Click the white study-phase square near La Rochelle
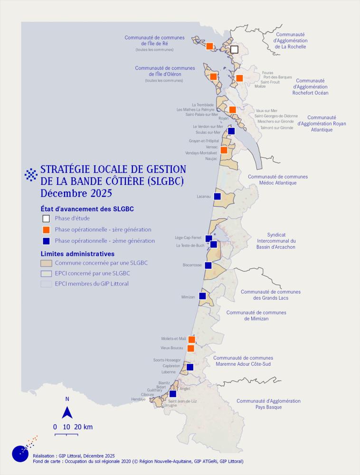coord(234,49)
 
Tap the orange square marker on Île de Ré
coord(209,46)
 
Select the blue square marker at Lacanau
coord(217,196)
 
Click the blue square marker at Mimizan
coord(202,295)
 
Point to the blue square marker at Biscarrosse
coord(208,265)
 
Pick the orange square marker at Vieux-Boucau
coord(190,348)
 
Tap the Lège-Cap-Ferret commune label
coord(188,237)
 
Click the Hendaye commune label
coord(139,399)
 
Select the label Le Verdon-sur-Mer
coord(208,127)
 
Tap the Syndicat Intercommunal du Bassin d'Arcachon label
coord(276,241)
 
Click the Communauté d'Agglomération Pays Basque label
coord(268,404)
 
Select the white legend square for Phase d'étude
coord(46,218)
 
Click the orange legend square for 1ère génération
coord(46,229)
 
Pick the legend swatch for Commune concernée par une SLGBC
coord(46,263)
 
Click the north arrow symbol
coord(67,411)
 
